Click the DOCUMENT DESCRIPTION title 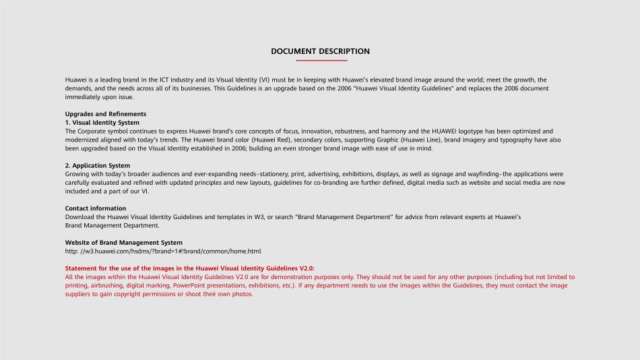320,51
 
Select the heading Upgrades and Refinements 106,114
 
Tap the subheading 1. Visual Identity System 102,123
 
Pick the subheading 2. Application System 98,165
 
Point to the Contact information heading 96,208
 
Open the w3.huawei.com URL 163,251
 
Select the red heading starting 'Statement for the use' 190,268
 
